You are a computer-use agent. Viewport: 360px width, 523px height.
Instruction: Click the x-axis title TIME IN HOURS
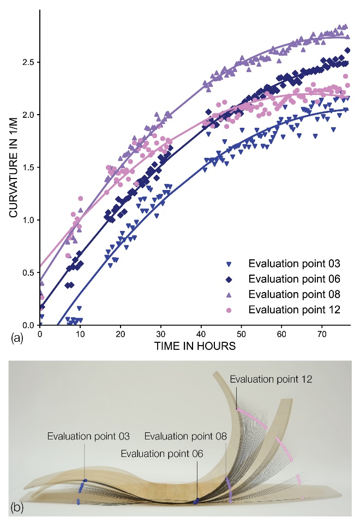[x=195, y=346]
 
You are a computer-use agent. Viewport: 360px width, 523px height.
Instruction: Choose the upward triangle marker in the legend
[x=230, y=294]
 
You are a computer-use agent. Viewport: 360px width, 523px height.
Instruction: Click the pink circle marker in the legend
[x=230, y=310]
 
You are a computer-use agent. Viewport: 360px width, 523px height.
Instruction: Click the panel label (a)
[x=17, y=338]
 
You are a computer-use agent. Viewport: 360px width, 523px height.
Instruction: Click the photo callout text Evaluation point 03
[x=88, y=436]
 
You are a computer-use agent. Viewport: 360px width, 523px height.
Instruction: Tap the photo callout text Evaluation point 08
[x=185, y=436]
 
